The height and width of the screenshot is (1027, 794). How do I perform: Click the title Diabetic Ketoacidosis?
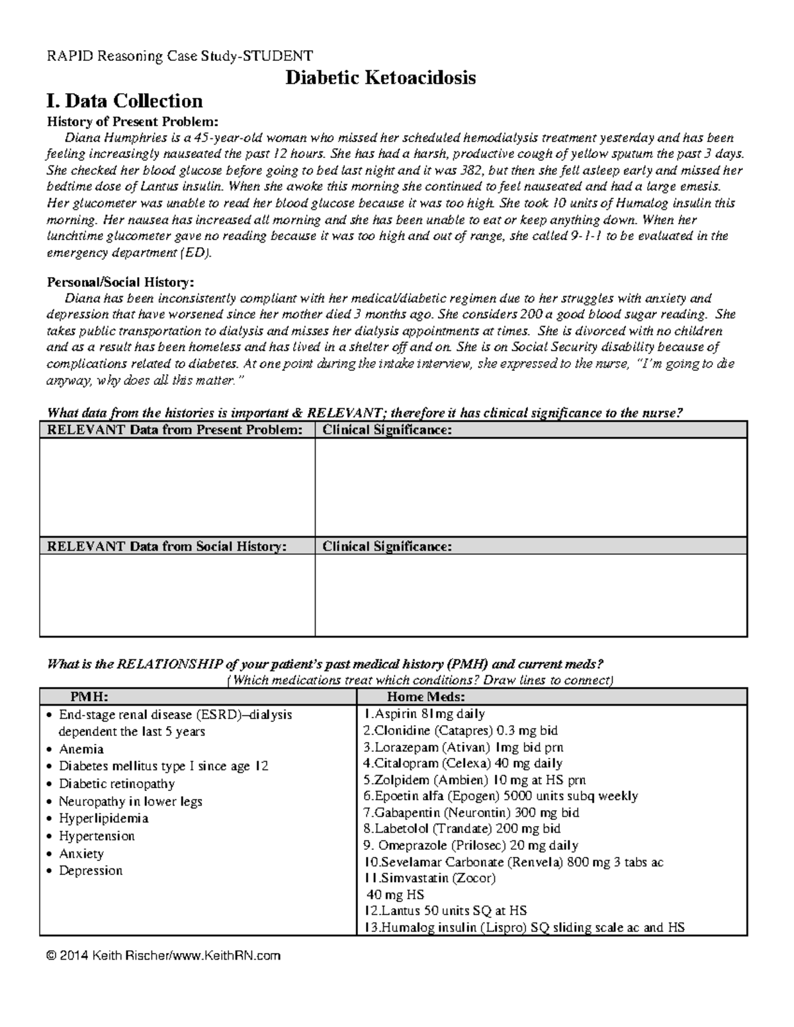pos(380,78)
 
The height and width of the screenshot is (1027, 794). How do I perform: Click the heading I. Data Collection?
pos(124,101)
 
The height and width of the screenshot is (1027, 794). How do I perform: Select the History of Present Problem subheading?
pos(131,122)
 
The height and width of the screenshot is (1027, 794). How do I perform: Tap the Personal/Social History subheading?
pos(120,282)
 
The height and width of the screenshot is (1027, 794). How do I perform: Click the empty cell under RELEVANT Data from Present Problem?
pos(177,487)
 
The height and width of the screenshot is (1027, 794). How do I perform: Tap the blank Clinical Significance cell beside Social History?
pos(531,595)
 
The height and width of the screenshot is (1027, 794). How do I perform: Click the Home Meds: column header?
pos(425,697)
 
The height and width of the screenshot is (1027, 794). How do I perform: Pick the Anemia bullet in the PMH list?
pos(81,749)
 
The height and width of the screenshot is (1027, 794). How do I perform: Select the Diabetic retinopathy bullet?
pos(116,784)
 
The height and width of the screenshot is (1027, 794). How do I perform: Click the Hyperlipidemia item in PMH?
pos(103,819)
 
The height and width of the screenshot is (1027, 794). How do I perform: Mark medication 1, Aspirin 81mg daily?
pos(424,714)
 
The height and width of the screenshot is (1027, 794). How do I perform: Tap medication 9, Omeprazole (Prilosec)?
pos(471,846)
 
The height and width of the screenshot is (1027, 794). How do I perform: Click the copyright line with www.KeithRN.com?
pos(164,956)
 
